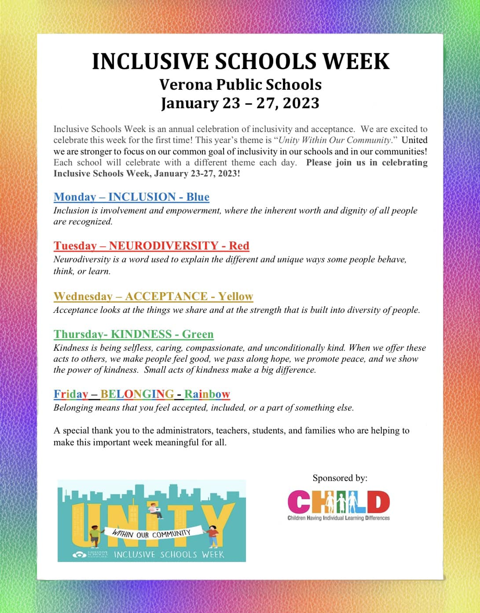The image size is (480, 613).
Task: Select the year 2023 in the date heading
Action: [x=301, y=103]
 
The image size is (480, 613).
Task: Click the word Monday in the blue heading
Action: [x=75, y=197]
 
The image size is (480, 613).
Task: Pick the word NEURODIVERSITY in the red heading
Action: [x=164, y=246]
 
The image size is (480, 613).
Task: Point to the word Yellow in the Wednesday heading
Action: [x=236, y=296]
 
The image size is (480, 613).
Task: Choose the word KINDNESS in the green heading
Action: [x=141, y=334]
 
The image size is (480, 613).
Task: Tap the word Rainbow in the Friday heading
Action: [x=207, y=394]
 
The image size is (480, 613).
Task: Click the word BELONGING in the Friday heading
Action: [x=137, y=394]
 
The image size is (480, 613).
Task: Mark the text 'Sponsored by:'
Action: [x=340, y=478]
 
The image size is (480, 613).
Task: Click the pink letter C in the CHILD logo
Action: [x=299, y=502]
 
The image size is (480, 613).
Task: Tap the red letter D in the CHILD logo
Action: [x=378, y=502]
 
